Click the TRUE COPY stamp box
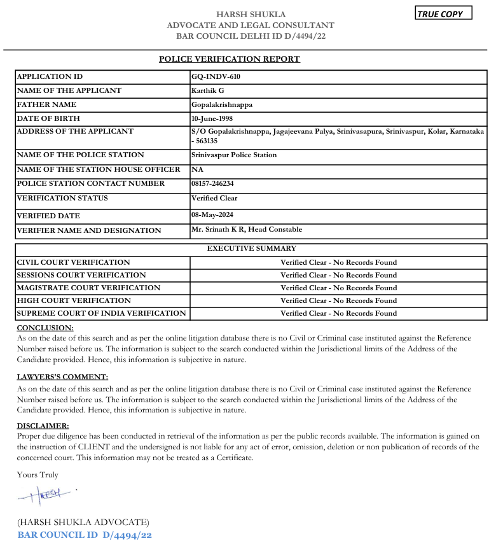click(x=443, y=13)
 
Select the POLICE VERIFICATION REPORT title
click(x=229, y=59)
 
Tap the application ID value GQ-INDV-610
click(x=216, y=76)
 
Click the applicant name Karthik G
click(x=208, y=90)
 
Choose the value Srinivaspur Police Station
click(x=234, y=155)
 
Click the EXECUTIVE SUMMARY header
click(x=251, y=249)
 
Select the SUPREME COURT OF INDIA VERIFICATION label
click(x=102, y=313)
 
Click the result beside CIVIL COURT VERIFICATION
click(x=338, y=262)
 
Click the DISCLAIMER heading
click(x=43, y=425)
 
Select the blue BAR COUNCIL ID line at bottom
click(x=85, y=535)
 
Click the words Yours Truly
click(x=38, y=474)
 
